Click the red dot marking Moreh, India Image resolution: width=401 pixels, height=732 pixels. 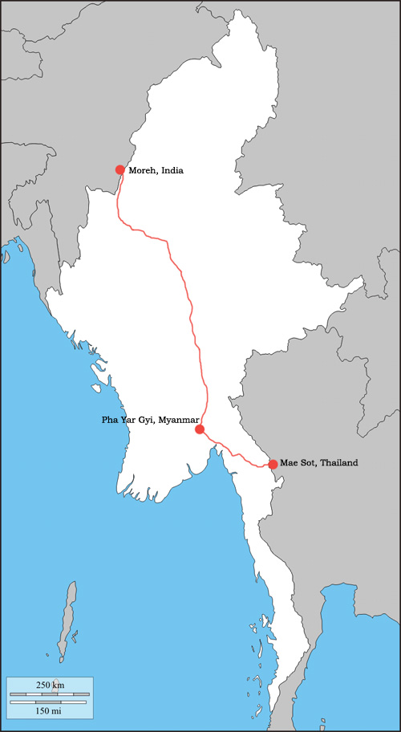(x=120, y=169)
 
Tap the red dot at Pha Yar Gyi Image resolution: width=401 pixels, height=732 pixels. (x=200, y=429)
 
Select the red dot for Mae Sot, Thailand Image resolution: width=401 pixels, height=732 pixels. (x=273, y=464)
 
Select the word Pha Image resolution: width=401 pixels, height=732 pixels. (x=110, y=420)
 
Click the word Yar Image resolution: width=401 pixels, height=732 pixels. (x=128, y=420)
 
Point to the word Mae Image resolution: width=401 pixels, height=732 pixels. (x=289, y=463)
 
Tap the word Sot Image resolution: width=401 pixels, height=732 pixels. (x=306, y=463)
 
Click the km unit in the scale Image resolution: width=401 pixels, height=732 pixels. (x=59, y=685)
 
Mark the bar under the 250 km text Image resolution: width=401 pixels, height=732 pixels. (x=49, y=693)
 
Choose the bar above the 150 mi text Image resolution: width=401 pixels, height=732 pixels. (x=49, y=701)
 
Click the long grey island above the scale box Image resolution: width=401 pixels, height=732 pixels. (x=68, y=614)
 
